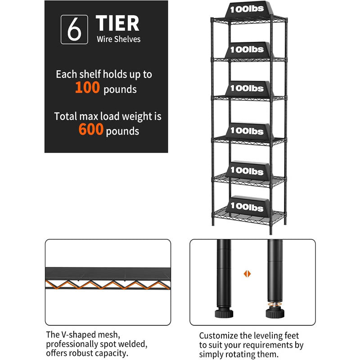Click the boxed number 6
click(x=74, y=29)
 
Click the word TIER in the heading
click(x=117, y=23)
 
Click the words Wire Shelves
click(x=118, y=39)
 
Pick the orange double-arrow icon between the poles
click(x=247, y=274)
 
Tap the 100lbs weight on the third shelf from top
click(x=247, y=88)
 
